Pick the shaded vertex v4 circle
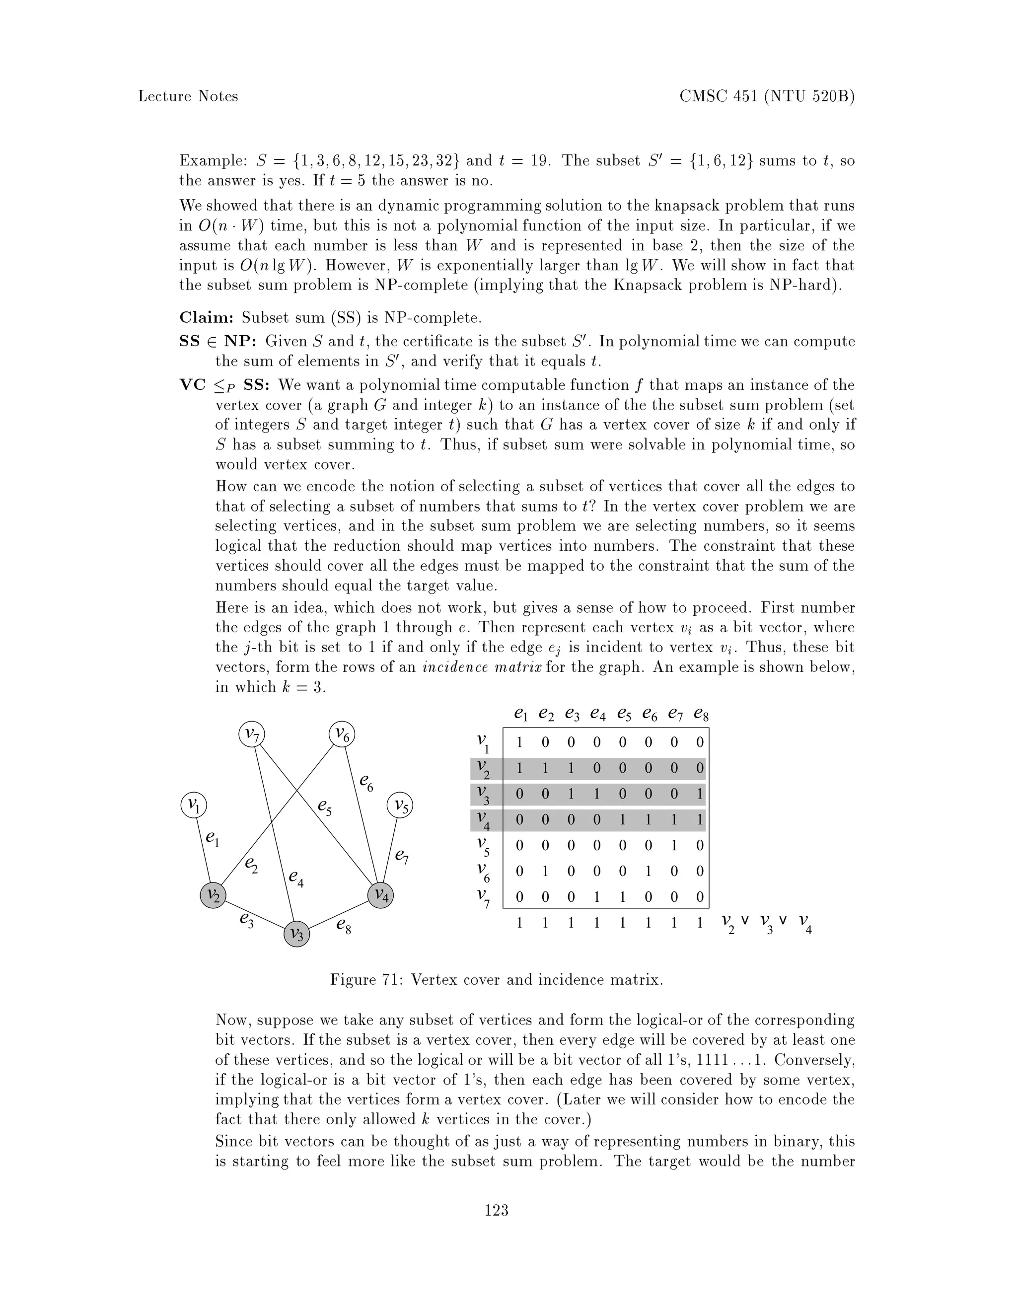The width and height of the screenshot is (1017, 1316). (x=381, y=895)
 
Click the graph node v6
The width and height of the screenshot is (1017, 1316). (x=342, y=734)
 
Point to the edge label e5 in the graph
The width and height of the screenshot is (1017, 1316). (x=325, y=806)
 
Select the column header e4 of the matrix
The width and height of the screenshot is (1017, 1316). (x=597, y=714)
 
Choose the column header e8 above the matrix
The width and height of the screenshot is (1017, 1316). (x=701, y=714)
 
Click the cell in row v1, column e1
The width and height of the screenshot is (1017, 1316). (x=519, y=743)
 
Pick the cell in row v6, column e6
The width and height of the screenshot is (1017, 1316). (x=648, y=872)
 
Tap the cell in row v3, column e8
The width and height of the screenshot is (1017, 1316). (x=700, y=794)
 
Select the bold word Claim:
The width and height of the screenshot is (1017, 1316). (x=207, y=317)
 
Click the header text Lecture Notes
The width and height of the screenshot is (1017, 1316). (x=188, y=96)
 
